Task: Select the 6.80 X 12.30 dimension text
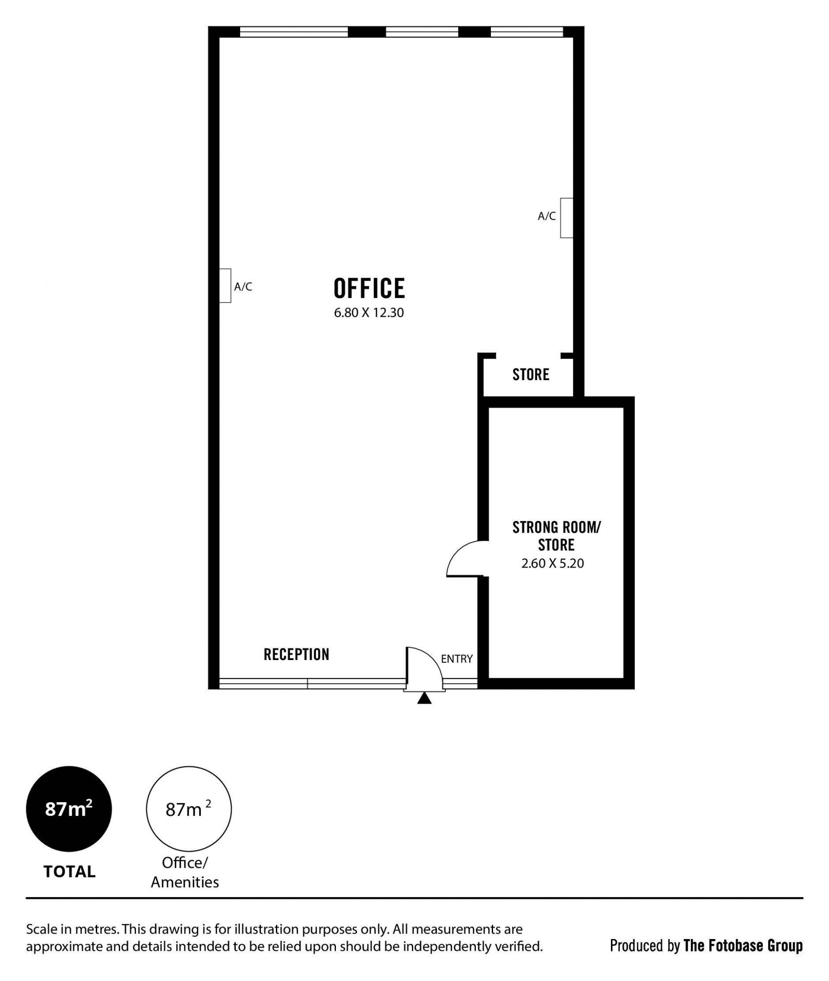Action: pyautogui.click(x=369, y=313)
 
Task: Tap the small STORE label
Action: pyautogui.click(x=531, y=375)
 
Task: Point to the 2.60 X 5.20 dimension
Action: pyautogui.click(x=553, y=563)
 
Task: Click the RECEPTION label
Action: pyautogui.click(x=297, y=654)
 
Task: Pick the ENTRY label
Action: pyautogui.click(x=457, y=659)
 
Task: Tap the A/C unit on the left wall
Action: pyautogui.click(x=225, y=286)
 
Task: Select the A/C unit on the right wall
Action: pyautogui.click(x=566, y=218)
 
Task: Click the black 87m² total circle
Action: pyautogui.click(x=69, y=809)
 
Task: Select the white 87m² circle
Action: pyautogui.click(x=189, y=809)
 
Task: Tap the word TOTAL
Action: pyautogui.click(x=70, y=872)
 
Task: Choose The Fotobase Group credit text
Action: pyautogui.click(x=743, y=946)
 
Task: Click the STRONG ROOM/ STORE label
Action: pyautogui.click(x=557, y=537)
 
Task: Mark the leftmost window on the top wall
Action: pyautogui.click(x=294, y=32)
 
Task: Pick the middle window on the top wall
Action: pyautogui.click(x=422, y=32)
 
